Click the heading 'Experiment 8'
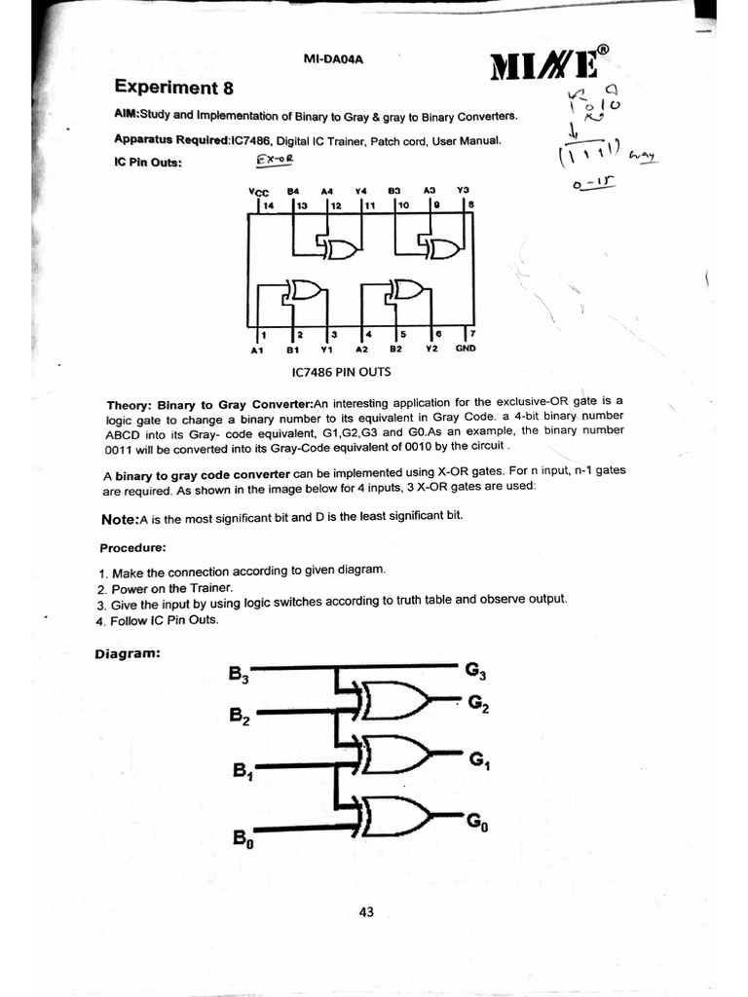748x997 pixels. (x=174, y=89)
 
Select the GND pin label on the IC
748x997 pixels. (x=465, y=348)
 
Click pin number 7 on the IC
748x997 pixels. (x=472, y=333)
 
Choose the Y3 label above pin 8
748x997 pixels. (x=464, y=190)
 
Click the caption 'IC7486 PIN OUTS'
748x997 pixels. (x=342, y=372)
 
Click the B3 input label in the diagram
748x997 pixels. (x=239, y=673)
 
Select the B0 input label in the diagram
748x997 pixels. (x=242, y=836)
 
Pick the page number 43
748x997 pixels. (x=366, y=912)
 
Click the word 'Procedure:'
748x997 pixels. (x=137, y=546)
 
